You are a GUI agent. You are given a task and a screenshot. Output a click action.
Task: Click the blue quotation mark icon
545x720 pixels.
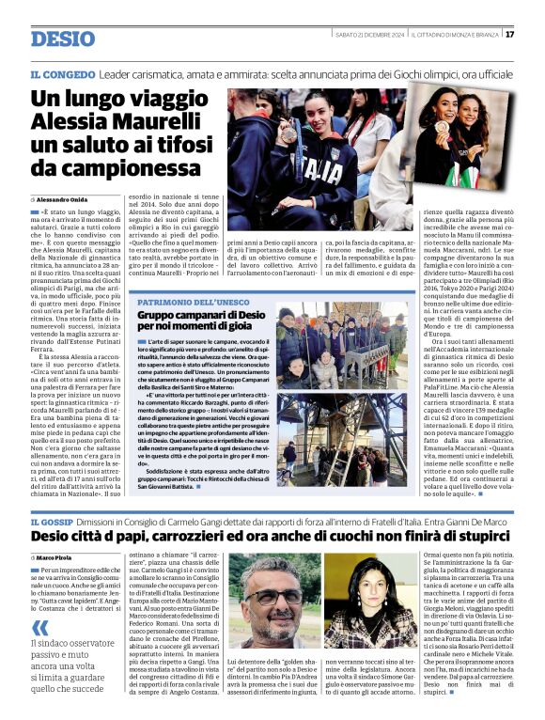(x=39, y=627)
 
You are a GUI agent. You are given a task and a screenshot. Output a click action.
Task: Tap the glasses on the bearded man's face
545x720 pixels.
(x=273, y=587)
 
